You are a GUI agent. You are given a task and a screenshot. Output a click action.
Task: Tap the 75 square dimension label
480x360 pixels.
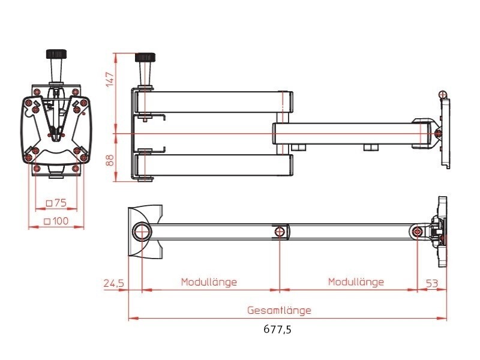pyautogui.click(x=56, y=203)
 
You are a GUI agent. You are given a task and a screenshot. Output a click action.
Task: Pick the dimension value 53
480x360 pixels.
pyautogui.click(x=433, y=283)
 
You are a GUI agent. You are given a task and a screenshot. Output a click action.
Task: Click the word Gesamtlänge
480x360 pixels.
pyautogui.click(x=280, y=311)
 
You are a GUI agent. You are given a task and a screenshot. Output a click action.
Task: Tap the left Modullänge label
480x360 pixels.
pyautogui.click(x=209, y=282)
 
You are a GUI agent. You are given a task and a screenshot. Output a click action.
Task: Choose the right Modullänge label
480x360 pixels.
pyautogui.click(x=356, y=282)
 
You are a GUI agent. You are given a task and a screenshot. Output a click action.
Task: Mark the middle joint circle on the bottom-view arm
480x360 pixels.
pyautogui.click(x=280, y=232)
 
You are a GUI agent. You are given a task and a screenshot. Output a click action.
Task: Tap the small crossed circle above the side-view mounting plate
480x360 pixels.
pyautogui.click(x=443, y=94)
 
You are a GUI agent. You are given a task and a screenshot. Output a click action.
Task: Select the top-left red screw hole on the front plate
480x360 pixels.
pyautogui.click(x=38, y=91)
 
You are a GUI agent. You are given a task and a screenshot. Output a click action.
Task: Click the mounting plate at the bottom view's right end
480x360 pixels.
pyautogui.click(x=443, y=231)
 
